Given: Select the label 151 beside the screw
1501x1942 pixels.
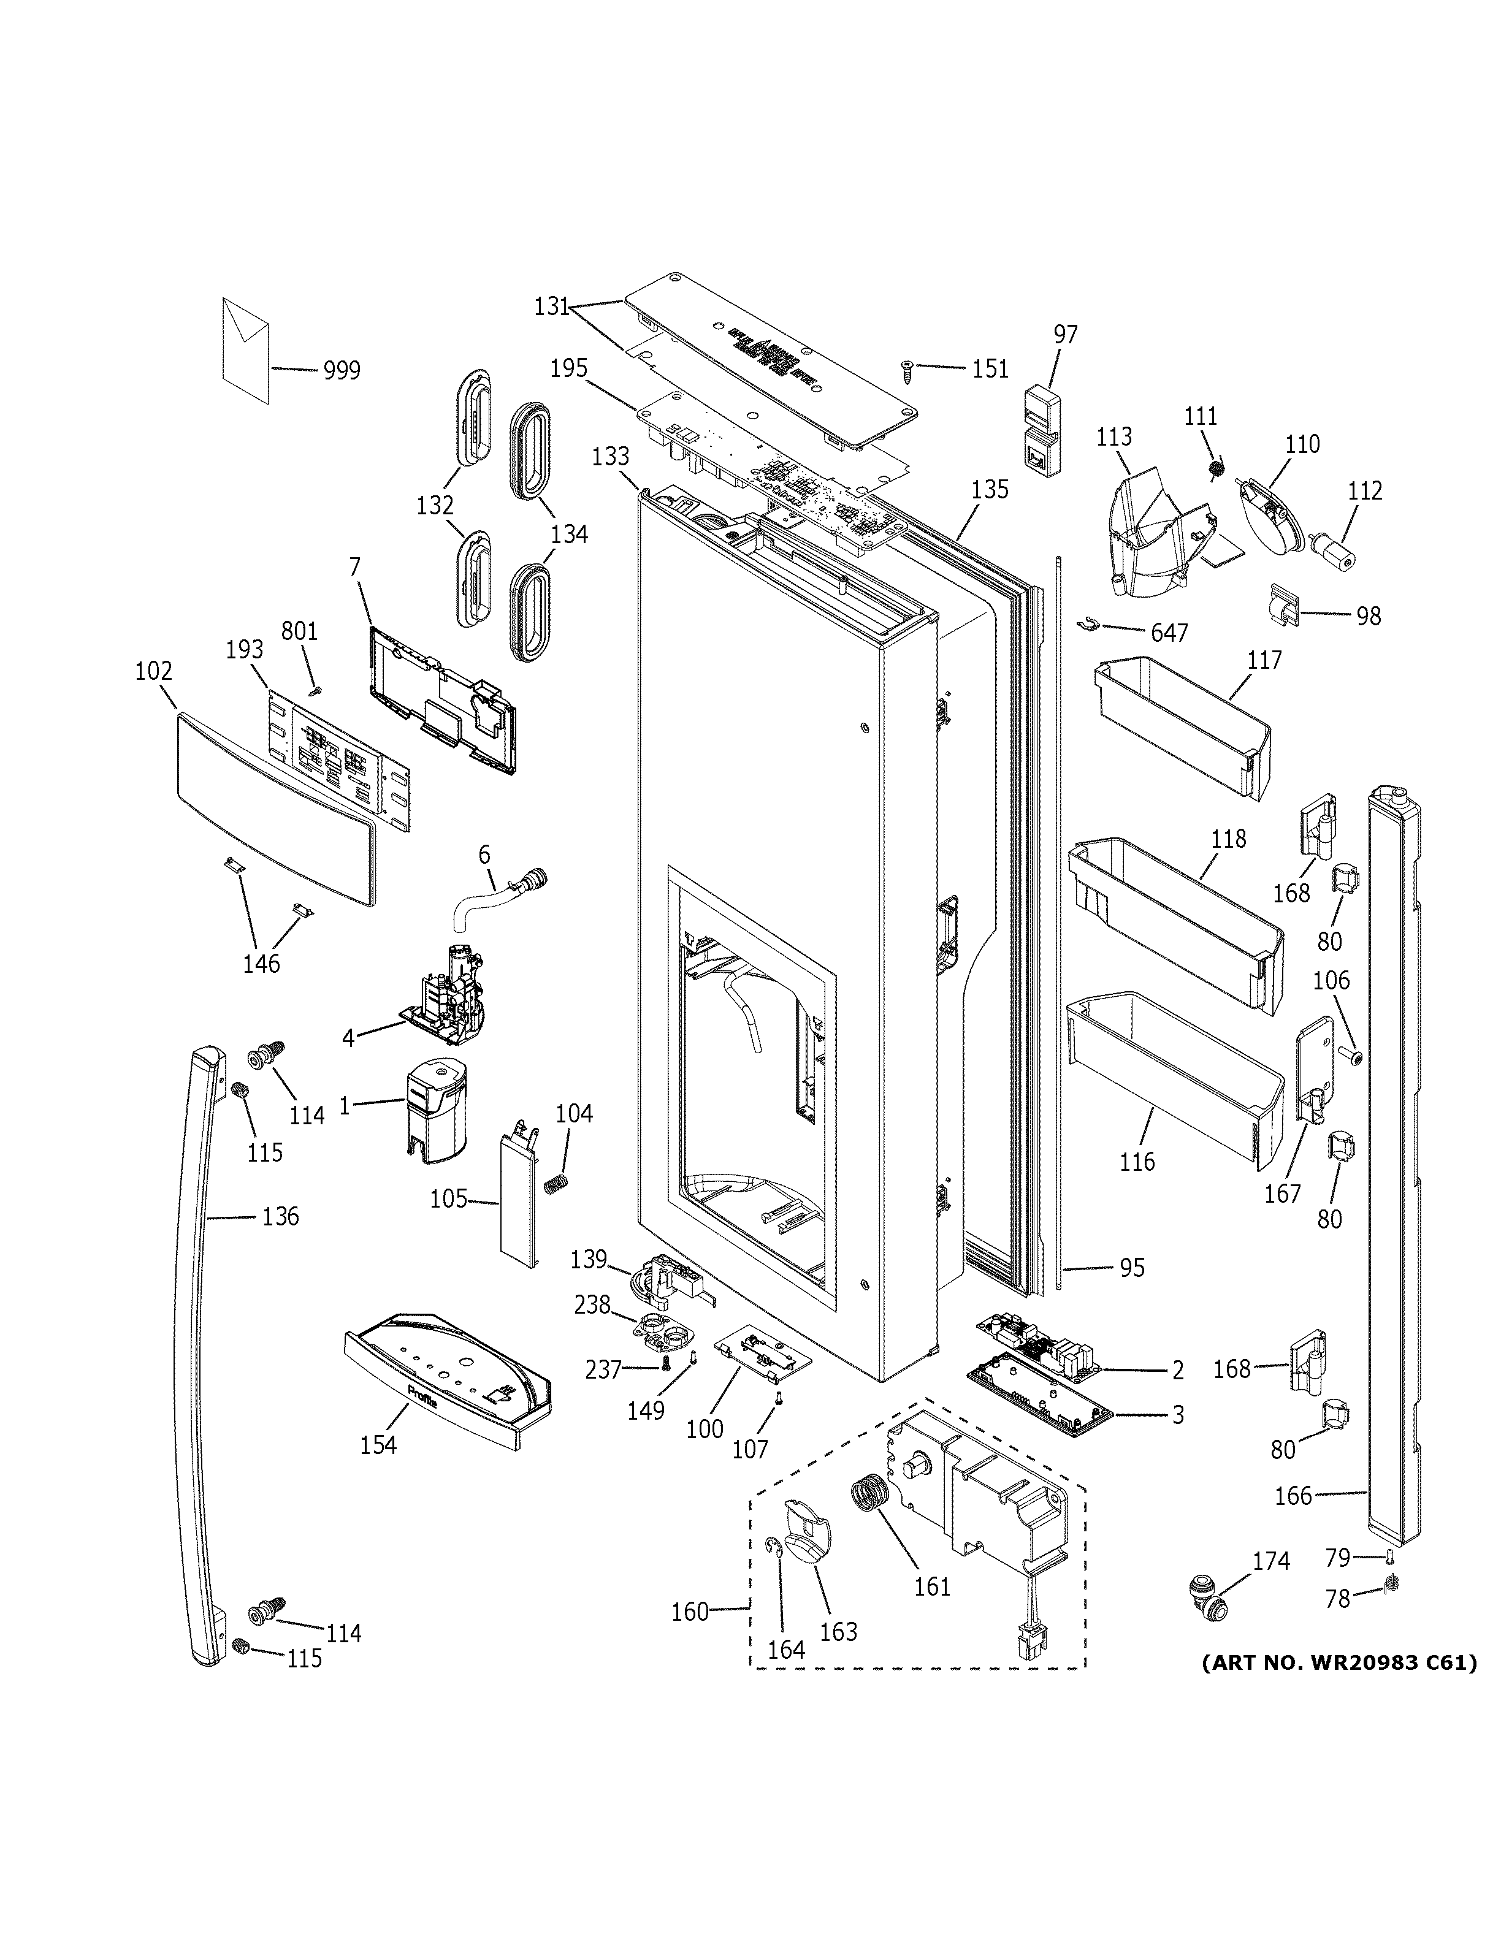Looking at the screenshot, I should pos(990,368).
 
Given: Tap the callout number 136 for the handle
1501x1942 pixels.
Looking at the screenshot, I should pos(280,1216).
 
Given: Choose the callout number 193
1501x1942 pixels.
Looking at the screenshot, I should pos(245,649).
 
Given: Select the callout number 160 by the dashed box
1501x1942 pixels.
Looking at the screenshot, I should pos(690,1610).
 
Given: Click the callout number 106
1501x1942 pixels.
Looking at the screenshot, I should pos(1331,980).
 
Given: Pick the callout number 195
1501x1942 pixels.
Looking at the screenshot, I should pos(569,368).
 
